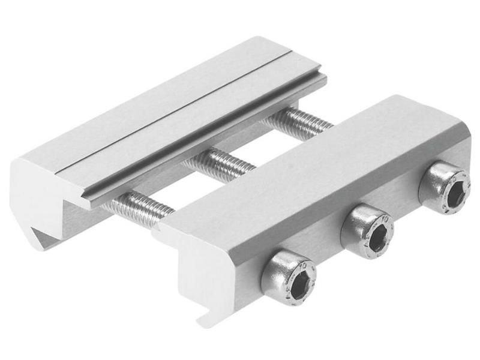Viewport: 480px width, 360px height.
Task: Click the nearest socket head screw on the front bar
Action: tap(289, 277)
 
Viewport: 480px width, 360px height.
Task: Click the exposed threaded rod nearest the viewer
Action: tap(140, 205)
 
